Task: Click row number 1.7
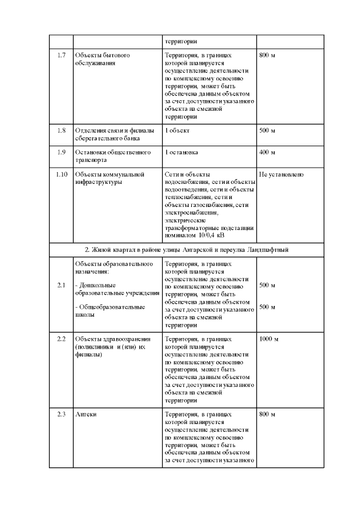click(x=61, y=56)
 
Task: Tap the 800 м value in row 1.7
click(x=267, y=56)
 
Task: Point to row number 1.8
click(x=61, y=130)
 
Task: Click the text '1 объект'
click(x=177, y=130)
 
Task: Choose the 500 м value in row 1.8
click(x=267, y=130)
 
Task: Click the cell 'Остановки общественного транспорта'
click(x=112, y=156)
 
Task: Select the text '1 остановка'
click(x=181, y=152)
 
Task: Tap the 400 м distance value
click(x=267, y=152)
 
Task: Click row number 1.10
click(x=61, y=174)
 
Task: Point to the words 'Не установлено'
click(x=282, y=174)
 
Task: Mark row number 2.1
click(x=61, y=285)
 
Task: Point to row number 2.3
click(x=61, y=415)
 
